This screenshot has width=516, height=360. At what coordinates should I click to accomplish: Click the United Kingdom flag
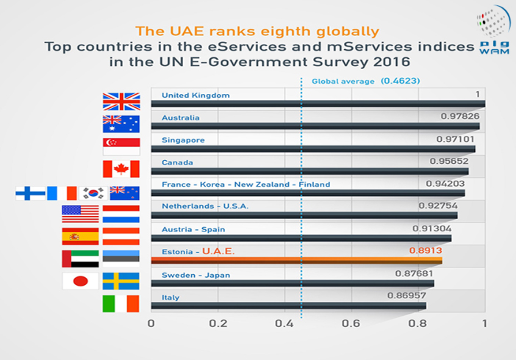point(121,101)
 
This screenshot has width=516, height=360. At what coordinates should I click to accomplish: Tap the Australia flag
point(121,124)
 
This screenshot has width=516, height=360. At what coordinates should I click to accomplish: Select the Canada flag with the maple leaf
point(121,169)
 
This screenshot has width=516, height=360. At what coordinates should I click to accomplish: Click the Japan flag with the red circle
point(80,281)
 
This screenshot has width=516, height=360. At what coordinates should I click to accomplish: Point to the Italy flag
point(121,303)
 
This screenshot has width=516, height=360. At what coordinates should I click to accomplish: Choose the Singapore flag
point(121,146)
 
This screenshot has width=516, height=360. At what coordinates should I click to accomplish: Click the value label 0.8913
point(426,251)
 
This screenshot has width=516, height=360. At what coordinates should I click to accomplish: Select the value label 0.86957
point(406,295)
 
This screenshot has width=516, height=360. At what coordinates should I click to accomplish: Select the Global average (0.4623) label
point(365,81)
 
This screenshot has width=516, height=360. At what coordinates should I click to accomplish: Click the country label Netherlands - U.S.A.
point(205,206)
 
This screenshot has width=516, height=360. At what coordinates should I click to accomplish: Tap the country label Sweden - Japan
point(196,275)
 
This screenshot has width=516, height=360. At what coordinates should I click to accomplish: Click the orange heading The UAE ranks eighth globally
point(258,32)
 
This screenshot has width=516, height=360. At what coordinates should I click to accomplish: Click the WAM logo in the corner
point(492,33)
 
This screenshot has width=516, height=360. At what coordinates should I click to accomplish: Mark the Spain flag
point(80,236)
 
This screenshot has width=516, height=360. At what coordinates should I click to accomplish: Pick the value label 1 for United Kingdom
point(477,94)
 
